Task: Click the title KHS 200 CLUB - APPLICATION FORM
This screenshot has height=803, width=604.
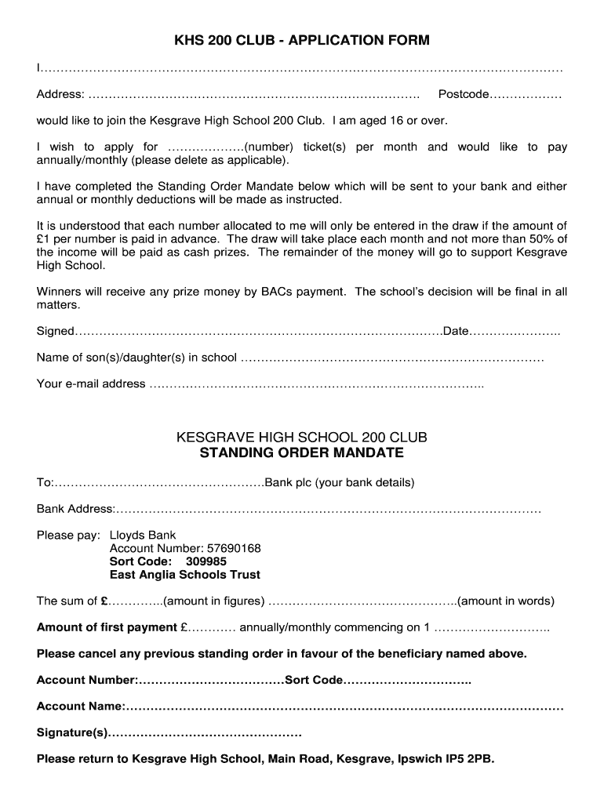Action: (x=302, y=40)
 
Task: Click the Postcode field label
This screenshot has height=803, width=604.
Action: (x=463, y=95)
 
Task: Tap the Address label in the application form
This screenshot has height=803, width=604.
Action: (x=60, y=95)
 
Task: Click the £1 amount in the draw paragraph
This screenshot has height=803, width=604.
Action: (x=44, y=239)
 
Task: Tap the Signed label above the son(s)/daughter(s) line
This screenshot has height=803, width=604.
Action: (x=55, y=332)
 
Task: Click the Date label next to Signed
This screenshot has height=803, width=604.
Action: (x=456, y=332)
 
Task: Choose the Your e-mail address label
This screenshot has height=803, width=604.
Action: (x=91, y=384)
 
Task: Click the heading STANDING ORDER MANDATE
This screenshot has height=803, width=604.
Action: (x=302, y=453)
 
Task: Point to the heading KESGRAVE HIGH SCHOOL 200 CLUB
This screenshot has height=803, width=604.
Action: (x=302, y=437)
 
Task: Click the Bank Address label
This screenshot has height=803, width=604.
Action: (x=75, y=510)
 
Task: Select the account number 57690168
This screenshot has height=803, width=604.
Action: (x=232, y=549)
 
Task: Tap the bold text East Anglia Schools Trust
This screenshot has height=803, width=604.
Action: (x=185, y=576)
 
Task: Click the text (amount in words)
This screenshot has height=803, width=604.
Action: (x=506, y=602)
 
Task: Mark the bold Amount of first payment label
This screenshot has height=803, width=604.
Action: (x=107, y=628)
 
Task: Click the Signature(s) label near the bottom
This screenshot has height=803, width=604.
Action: (x=71, y=733)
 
